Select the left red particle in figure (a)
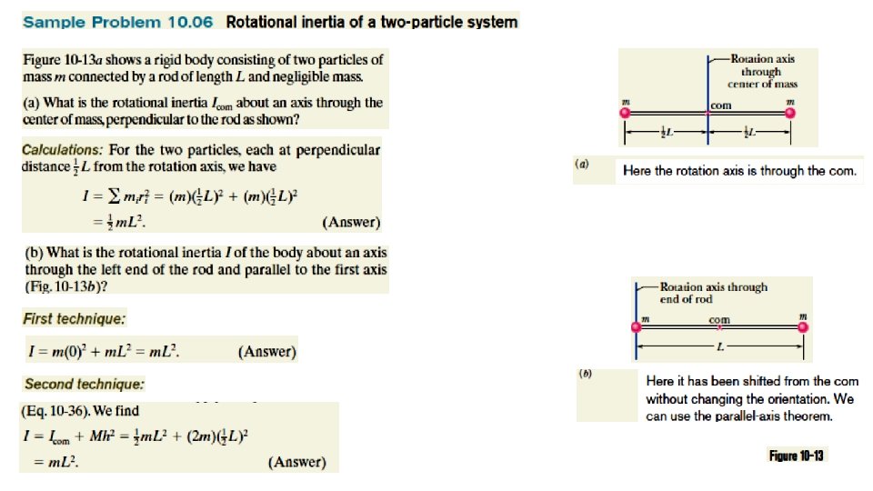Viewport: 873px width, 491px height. [x=625, y=114]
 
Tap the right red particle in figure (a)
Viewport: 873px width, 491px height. [x=789, y=114]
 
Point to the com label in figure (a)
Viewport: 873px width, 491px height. [x=721, y=105]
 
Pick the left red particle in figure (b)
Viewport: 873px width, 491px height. [x=636, y=328]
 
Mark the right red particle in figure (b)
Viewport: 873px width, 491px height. [x=801, y=328]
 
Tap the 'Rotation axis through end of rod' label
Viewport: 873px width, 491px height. [x=713, y=293]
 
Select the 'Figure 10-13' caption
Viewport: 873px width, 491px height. [x=796, y=456]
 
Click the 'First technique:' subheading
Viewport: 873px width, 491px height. [x=75, y=319]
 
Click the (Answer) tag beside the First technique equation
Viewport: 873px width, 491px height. [x=266, y=352]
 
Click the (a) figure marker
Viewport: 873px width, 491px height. [x=582, y=165]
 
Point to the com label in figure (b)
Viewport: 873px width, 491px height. [x=719, y=320]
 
